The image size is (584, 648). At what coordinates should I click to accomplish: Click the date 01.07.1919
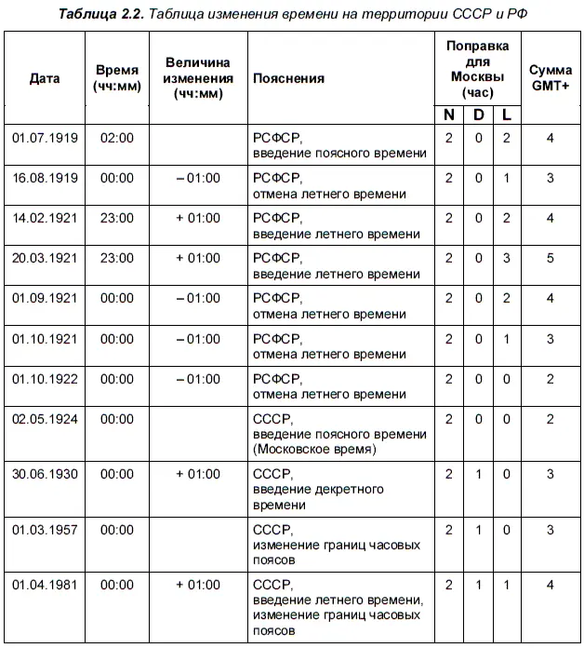tap(45, 138)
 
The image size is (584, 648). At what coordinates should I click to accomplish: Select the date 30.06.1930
tap(45, 474)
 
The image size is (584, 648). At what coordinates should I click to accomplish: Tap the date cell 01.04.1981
tap(45, 585)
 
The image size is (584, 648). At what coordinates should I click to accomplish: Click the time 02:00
tap(116, 138)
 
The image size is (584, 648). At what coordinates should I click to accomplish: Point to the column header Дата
tap(45, 78)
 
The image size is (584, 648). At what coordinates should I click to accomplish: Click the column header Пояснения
tap(288, 78)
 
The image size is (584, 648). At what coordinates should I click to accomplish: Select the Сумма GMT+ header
tap(550, 78)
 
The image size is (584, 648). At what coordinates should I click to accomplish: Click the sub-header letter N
tap(449, 115)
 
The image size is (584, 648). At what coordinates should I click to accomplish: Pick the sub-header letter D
tap(479, 115)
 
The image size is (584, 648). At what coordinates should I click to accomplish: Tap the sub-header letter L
tap(507, 115)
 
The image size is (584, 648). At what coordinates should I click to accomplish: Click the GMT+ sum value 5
tap(551, 257)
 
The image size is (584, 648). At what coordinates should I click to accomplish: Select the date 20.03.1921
tap(45, 257)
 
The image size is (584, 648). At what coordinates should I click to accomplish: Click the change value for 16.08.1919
tap(197, 178)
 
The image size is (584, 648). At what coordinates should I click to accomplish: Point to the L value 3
tap(507, 257)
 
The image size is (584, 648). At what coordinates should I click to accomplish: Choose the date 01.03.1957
tap(45, 529)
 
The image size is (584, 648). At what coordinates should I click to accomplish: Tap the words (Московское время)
tap(314, 449)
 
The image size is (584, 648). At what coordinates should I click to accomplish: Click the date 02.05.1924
tap(45, 419)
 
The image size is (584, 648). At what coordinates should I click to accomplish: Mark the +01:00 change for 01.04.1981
tap(197, 585)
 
